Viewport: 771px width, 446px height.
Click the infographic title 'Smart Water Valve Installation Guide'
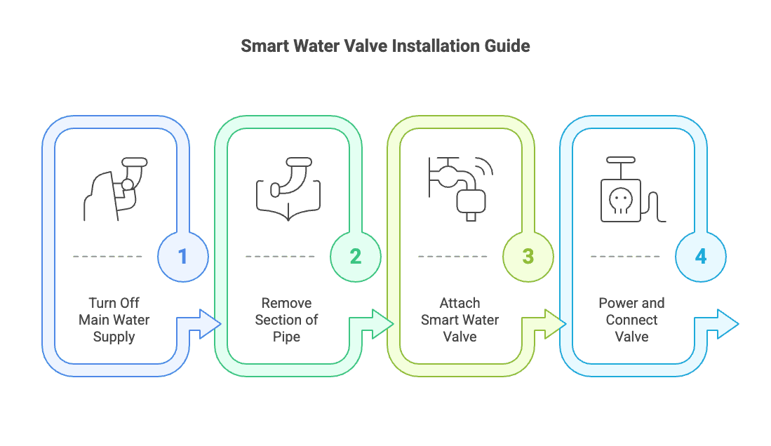[x=385, y=46]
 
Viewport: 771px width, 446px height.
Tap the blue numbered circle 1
[x=183, y=256]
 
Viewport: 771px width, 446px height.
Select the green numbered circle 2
[x=356, y=256]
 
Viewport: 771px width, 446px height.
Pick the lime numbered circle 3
[x=528, y=256]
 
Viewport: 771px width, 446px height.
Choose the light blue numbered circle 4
[x=701, y=256]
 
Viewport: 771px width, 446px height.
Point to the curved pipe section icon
[x=288, y=189]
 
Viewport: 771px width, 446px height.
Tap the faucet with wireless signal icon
[x=461, y=189]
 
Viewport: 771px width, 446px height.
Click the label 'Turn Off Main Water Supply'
[x=114, y=320]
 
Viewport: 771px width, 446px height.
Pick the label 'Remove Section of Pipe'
[x=287, y=320]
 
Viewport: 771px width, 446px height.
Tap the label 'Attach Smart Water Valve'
[x=460, y=320]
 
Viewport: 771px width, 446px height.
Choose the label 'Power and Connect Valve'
[x=632, y=320]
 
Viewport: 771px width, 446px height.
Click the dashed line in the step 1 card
[x=107, y=256]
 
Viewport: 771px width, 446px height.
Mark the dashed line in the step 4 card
[x=626, y=256]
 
